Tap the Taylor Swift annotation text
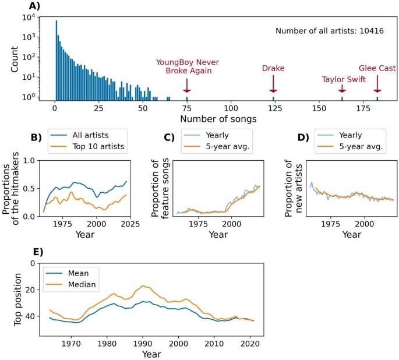342,80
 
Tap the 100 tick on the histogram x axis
231,109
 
